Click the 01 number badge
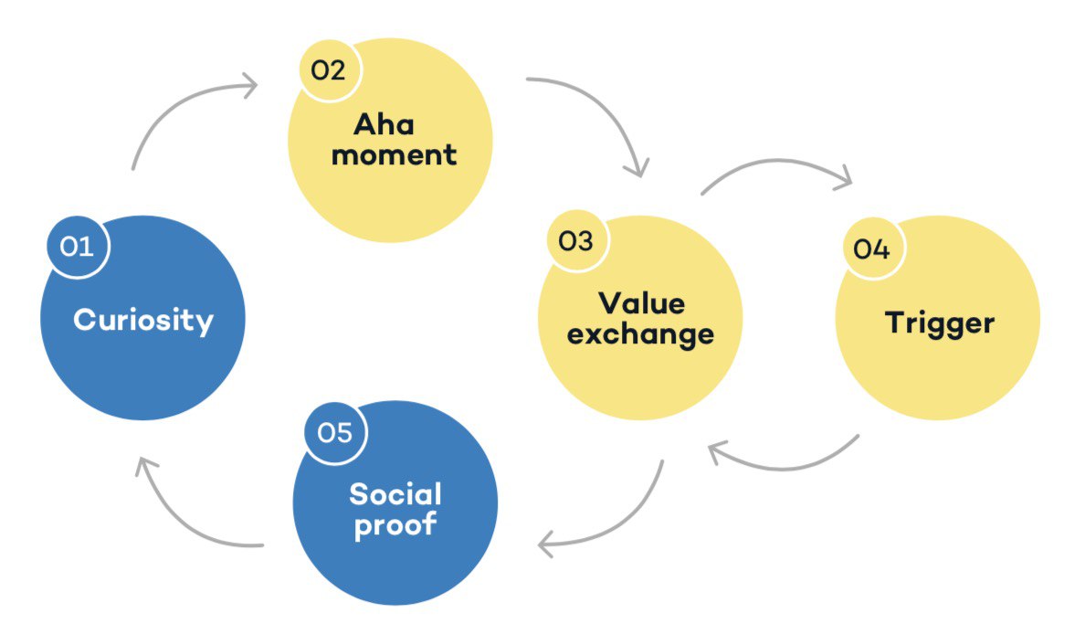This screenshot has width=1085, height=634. [79, 246]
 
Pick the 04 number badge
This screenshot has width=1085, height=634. [871, 248]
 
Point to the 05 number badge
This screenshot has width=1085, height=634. [335, 432]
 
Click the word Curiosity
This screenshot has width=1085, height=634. [143, 321]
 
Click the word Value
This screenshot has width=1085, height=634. [641, 303]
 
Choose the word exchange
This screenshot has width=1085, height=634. [640, 333]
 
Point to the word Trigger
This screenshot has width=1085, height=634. [939, 322]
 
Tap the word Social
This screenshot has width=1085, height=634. [395, 495]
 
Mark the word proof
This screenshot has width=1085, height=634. [395, 526]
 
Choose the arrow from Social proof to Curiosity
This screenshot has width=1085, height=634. [178, 521]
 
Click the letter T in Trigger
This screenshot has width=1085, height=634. [895, 322]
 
